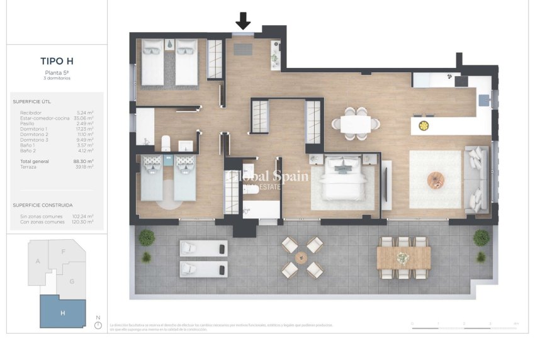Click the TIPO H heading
(x=57, y=61)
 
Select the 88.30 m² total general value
(x=83, y=162)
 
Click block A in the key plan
(x=38, y=261)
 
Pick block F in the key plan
(x=63, y=252)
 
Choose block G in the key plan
(x=72, y=281)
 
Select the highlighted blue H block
(x=62, y=312)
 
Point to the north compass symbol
(x=98, y=325)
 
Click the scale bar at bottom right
(x=465, y=327)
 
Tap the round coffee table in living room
(x=436, y=180)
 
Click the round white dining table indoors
(x=356, y=124)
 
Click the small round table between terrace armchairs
(x=300, y=257)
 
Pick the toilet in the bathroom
(x=166, y=143)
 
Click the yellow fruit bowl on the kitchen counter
(x=424, y=125)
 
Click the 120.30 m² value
(x=82, y=222)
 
